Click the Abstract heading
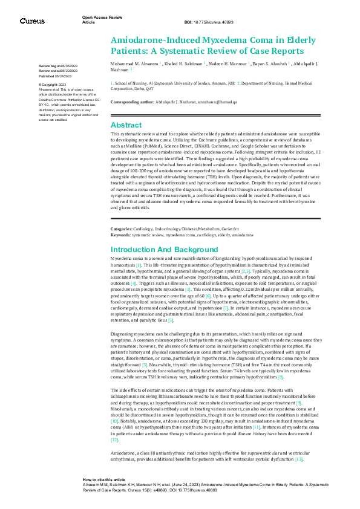tap(126, 124)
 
